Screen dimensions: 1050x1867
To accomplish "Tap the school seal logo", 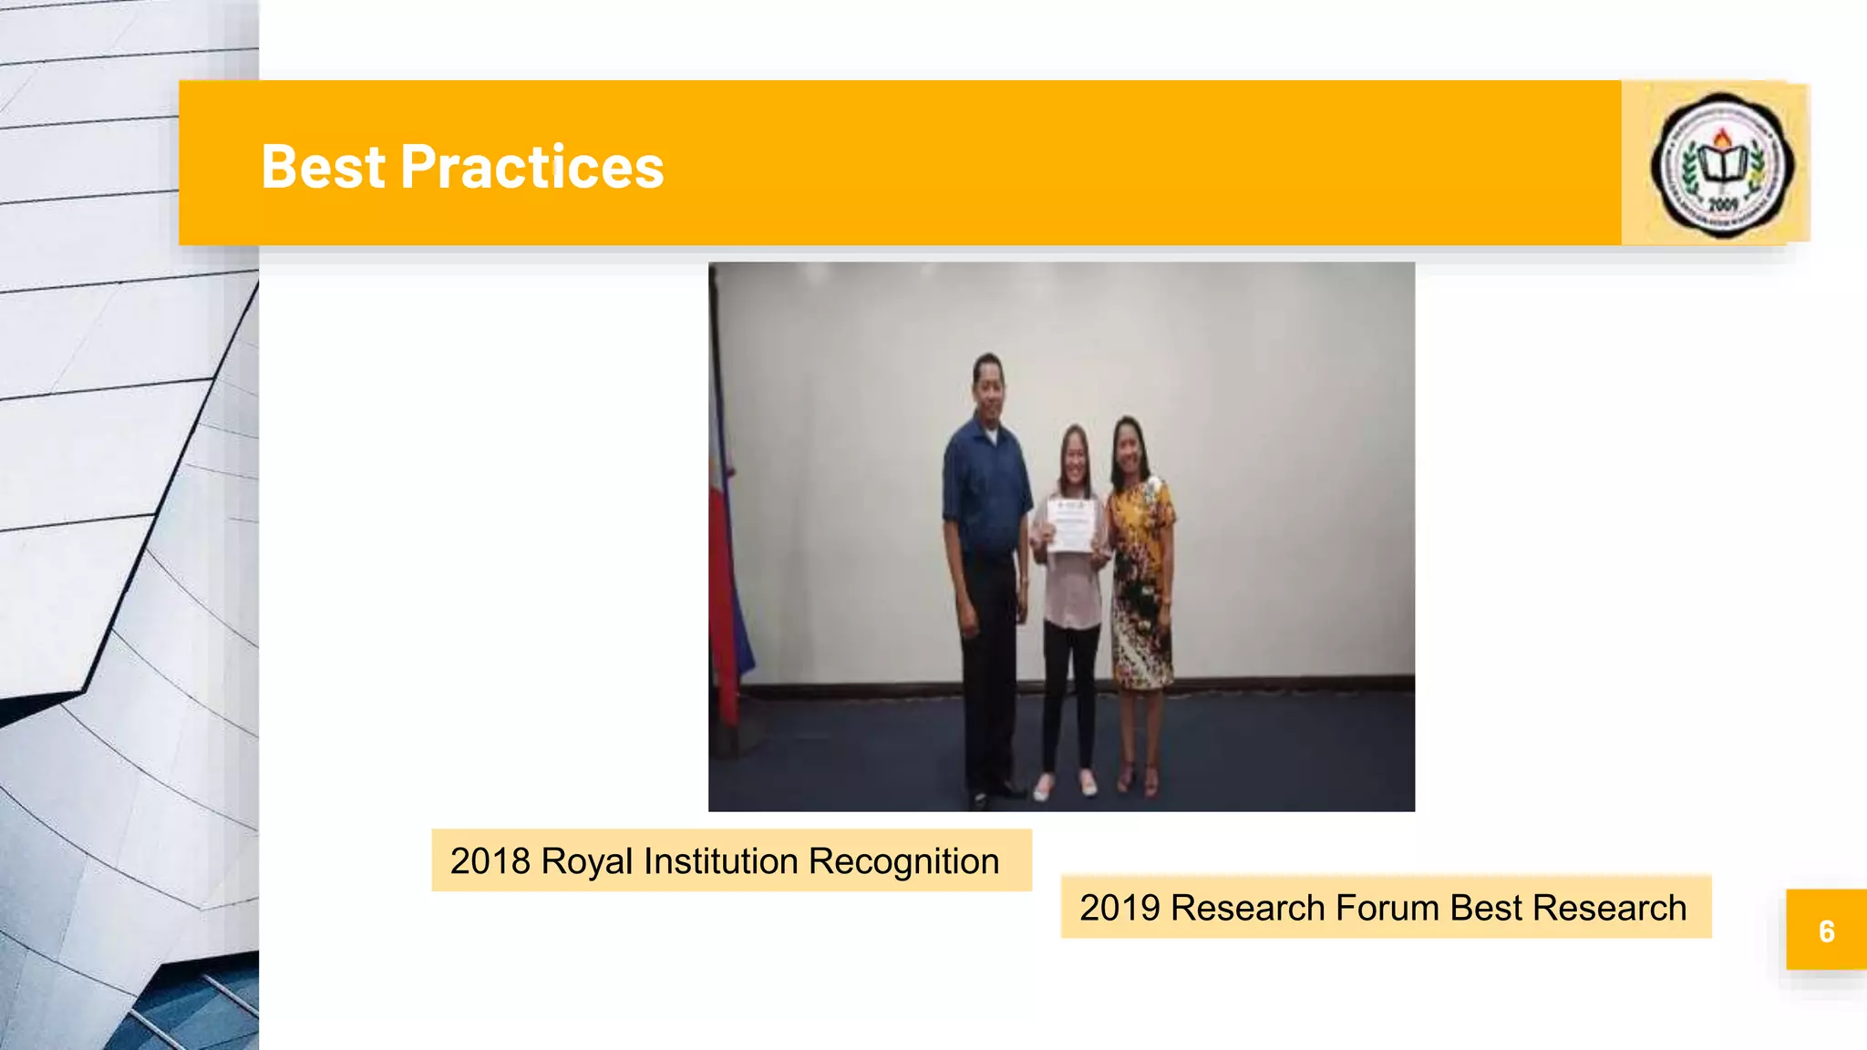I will (x=1721, y=165).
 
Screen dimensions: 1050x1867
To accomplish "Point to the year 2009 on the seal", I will (x=1722, y=204).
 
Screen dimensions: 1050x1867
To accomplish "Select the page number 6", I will (x=1826, y=931).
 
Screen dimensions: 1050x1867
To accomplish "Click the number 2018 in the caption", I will (x=490, y=861).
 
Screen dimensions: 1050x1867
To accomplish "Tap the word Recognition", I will (x=903, y=861).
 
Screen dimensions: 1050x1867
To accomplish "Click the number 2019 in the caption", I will (x=1119, y=908).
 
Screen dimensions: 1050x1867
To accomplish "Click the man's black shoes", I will (x=995, y=794).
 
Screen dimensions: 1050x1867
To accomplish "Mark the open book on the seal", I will (x=1722, y=165).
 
